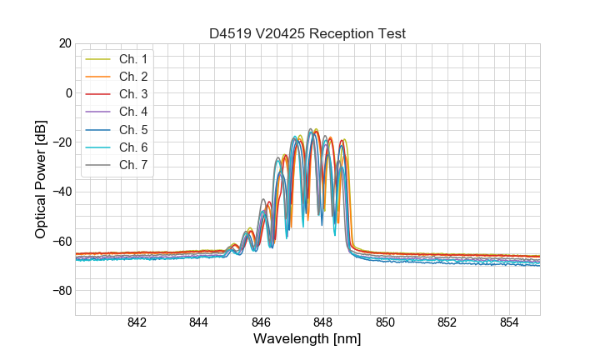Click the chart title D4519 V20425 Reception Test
point(307,33)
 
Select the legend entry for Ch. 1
point(132,59)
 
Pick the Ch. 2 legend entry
point(132,77)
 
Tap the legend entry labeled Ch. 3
point(132,94)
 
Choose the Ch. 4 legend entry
point(132,112)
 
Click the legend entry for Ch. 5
point(132,129)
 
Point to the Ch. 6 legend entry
point(132,147)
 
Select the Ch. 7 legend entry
point(132,164)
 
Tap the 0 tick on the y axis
point(68,92)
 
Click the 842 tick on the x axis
point(137,323)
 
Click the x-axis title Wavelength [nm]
point(307,339)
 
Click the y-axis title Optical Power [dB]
point(40,179)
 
